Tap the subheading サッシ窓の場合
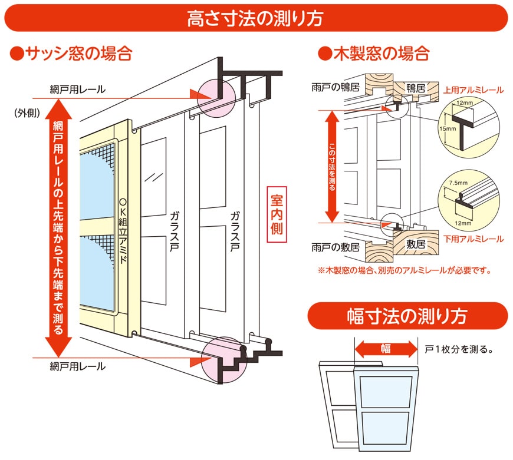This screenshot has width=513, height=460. tap(71, 54)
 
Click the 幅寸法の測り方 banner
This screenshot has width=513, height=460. tap(407, 316)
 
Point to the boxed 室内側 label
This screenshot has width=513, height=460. tap(276, 214)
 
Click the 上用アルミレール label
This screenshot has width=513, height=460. tap(473, 90)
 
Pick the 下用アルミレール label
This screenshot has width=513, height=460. tap(473, 239)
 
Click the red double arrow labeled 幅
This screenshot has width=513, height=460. tap(385, 349)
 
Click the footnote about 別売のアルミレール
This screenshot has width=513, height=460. tap(404, 272)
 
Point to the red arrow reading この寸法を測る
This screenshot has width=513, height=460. tap(332, 167)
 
